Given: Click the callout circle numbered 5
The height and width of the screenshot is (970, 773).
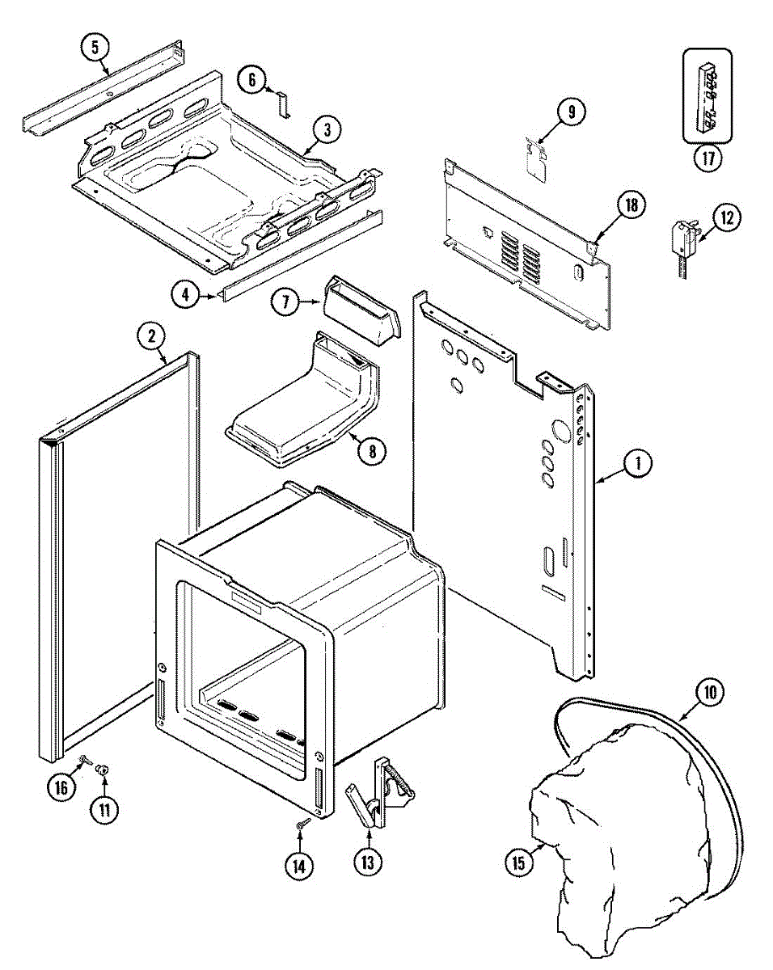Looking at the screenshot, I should tap(95, 48).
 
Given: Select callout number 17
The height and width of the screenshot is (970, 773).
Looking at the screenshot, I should tap(708, 157).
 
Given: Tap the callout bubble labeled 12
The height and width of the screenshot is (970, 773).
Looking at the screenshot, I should tap(727, 217).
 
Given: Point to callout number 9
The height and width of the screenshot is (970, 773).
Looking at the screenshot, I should tap(571, 112).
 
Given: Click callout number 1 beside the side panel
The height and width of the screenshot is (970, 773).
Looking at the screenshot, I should tap(637, 464).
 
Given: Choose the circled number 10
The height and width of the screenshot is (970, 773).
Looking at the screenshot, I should tap(709, 692).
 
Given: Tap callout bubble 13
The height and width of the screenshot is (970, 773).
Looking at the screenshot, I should tap(368, 862).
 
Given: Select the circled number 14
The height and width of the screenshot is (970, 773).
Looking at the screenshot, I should tap(298, 866).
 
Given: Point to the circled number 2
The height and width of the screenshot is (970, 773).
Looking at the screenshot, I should tap(151, 335).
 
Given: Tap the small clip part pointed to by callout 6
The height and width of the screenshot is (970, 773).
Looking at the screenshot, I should tap(282, 104).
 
